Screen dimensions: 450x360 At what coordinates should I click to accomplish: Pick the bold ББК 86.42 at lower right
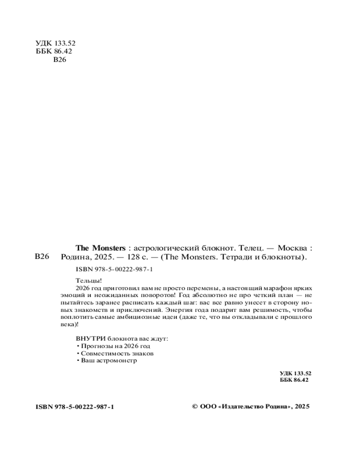click(294, 380)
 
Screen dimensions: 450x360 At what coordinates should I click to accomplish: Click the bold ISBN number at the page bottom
click(74, 407)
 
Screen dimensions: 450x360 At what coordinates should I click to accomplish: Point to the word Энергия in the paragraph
click(178, 310)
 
